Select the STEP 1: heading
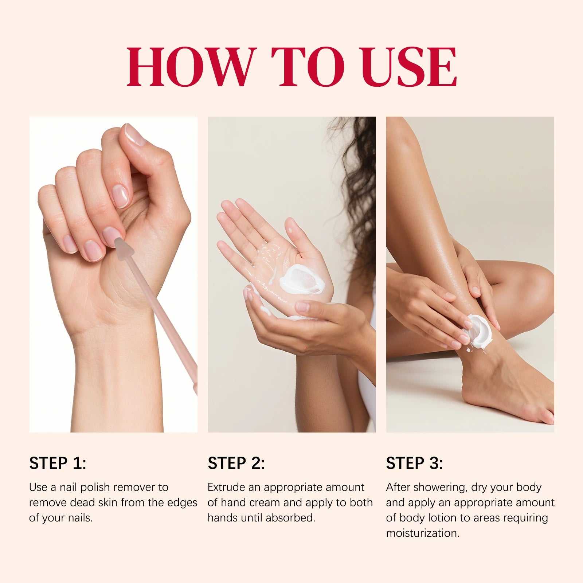[58, 463]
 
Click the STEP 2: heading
[236, 463]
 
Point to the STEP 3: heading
[414, 463]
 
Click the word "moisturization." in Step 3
[423, 533]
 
